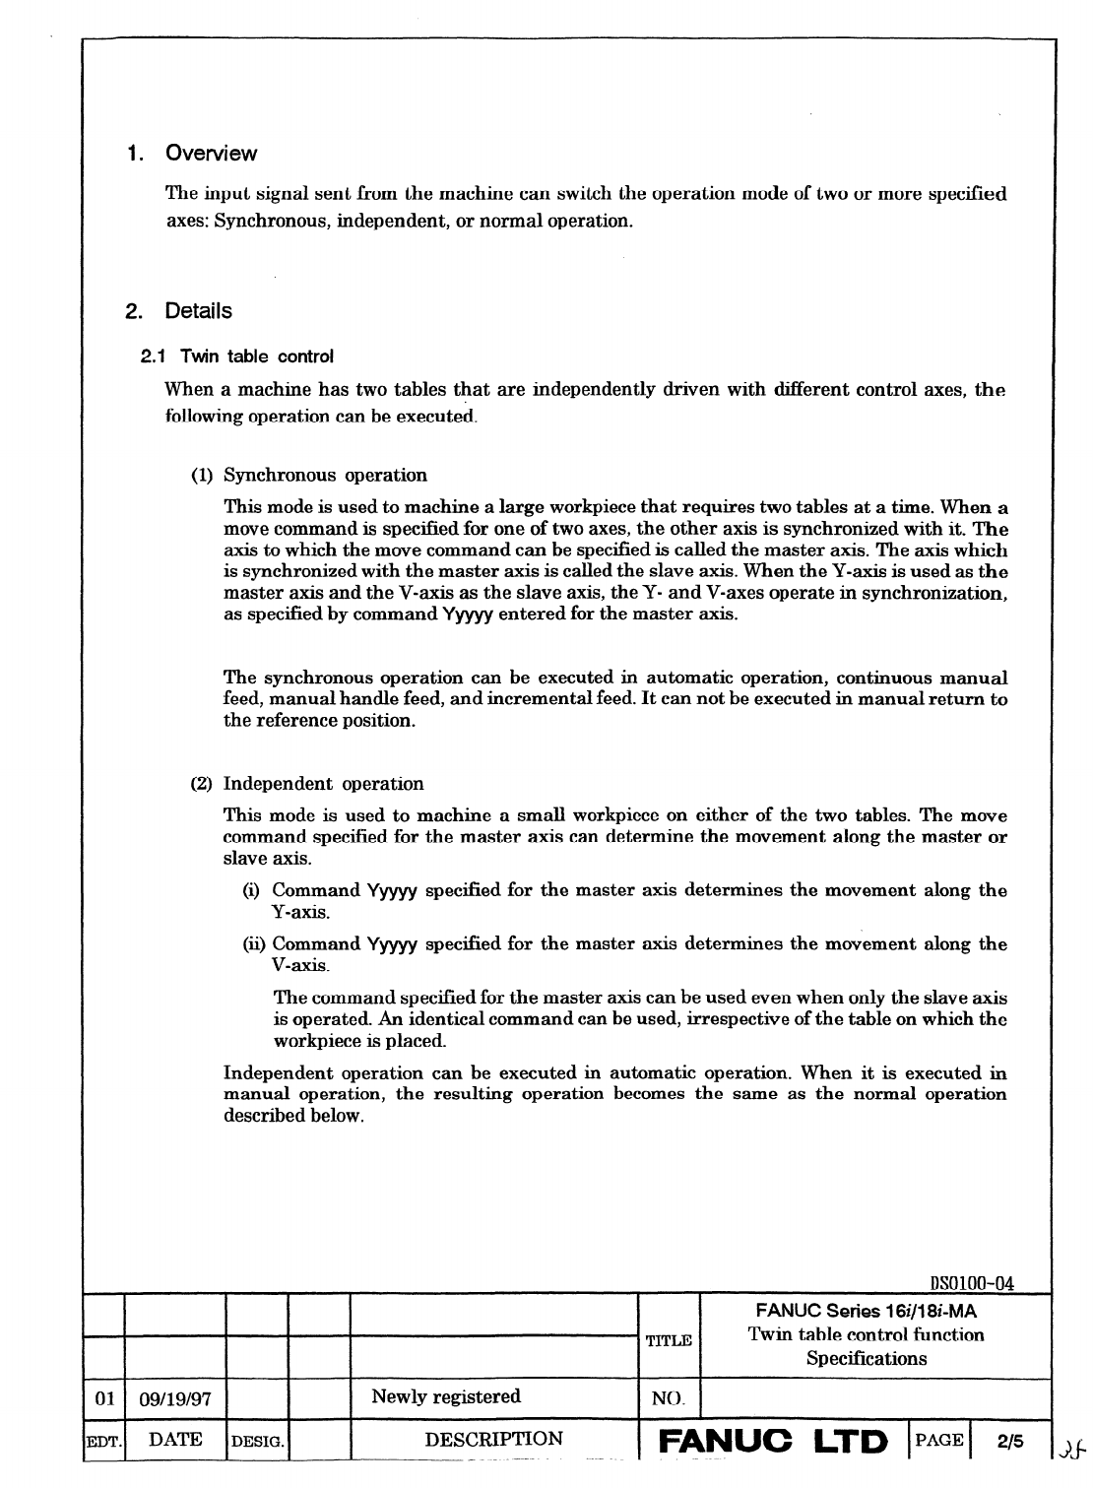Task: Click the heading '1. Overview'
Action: click(x=191, y=154)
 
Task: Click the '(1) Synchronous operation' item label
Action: click(x=309, y=476)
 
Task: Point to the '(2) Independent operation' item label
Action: click(x=307, y=784)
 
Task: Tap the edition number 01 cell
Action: click(x=104, y=1397)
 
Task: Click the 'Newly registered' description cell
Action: click(x=446, y=1396)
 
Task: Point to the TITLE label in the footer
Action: click(x=669, y=1340)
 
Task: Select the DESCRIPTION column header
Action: click(x=493, y=1439)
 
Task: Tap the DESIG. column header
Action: click(x=257, y=1441)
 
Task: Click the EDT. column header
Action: click(x=103, y=1441)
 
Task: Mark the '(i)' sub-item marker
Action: click(x=251, y=890)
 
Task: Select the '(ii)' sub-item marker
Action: click(x=254, y=943)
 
